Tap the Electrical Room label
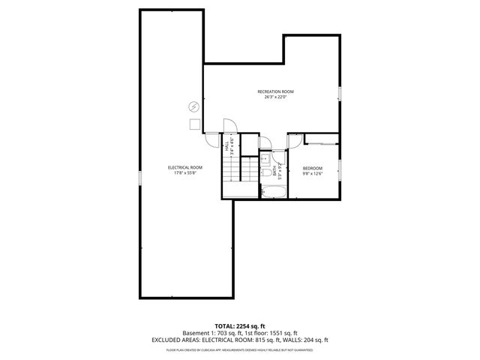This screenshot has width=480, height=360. [x=185, y=166]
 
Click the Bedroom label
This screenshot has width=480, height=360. [x=312, y=168]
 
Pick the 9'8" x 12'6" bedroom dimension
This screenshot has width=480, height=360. [x=312, y=173]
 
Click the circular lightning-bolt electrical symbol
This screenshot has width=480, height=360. [x=194, y=106]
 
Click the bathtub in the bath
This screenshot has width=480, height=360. [x=272, y=192]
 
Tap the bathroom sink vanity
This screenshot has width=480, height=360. [x=264, y=159]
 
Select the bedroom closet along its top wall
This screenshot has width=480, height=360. [x=322, y=140]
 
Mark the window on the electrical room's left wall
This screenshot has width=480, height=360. [x=140, y=177]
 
